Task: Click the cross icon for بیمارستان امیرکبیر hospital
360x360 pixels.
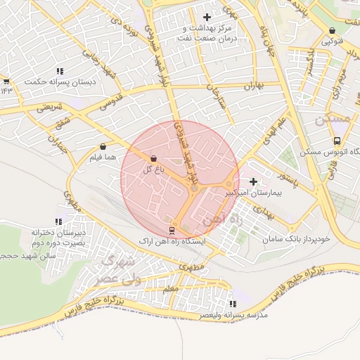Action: pos(253,181)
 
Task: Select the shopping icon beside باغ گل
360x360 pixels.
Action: pos(154,158)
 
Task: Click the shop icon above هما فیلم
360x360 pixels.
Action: pos(104,146)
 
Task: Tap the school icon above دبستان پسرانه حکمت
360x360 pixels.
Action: pos(60,71)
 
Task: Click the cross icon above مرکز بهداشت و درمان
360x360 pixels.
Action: pos(206,17)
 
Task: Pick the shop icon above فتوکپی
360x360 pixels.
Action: pos(333,31)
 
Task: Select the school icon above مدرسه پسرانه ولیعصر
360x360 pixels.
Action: pos(232,304)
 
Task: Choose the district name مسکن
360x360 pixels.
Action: pos(332,120)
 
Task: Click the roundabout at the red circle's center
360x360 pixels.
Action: pos(194,188)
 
